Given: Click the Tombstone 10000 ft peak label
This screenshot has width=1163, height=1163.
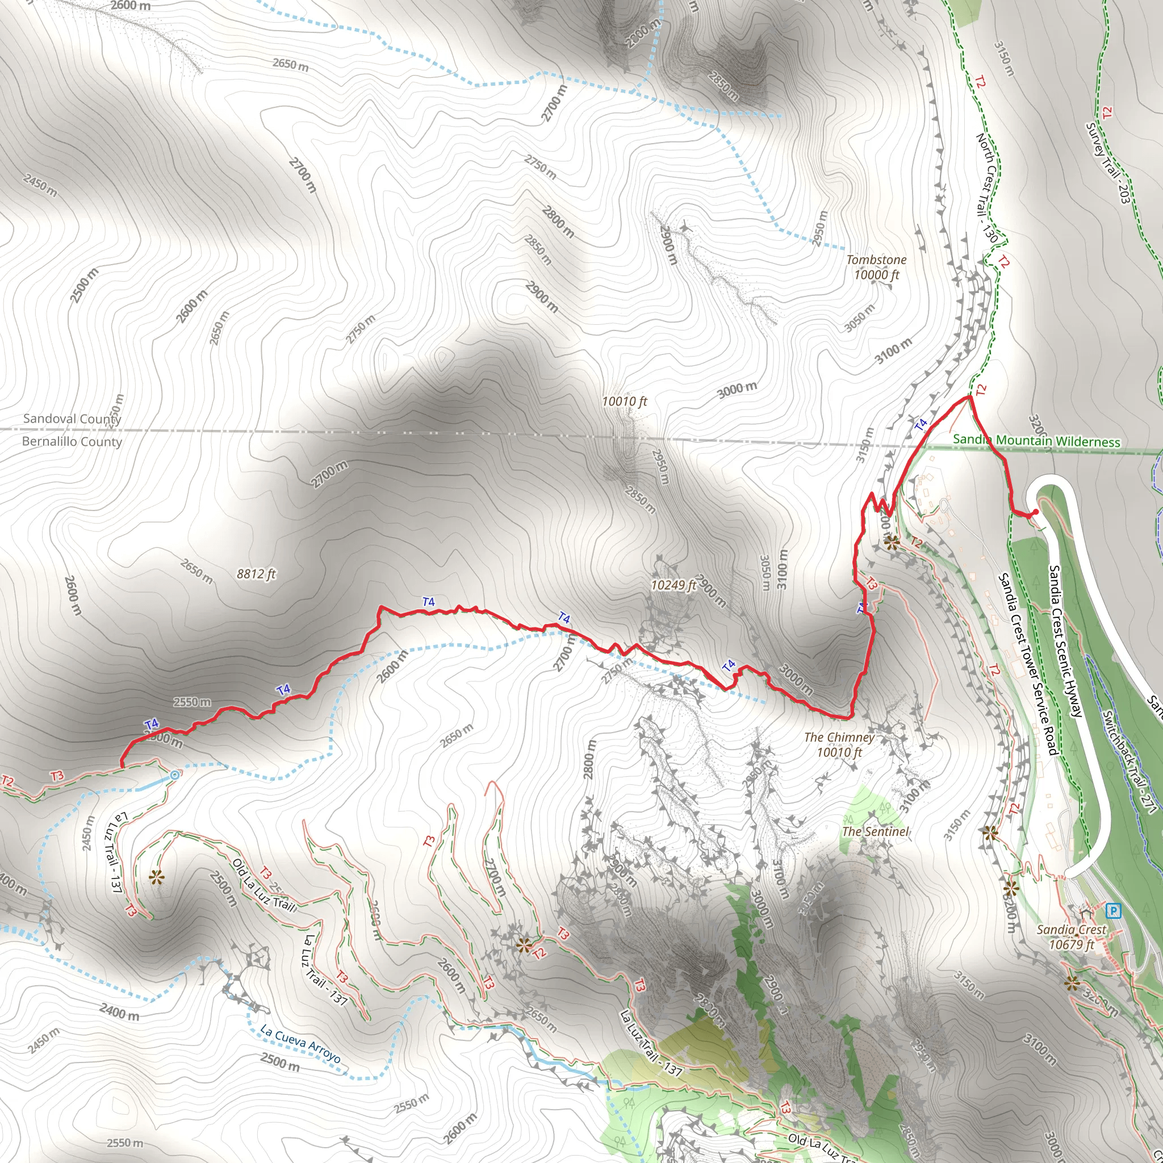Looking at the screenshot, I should (876, 267).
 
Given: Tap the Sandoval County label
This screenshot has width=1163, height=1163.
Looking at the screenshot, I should (72, 419).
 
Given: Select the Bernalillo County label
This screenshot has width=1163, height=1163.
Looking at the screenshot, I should (72, 441).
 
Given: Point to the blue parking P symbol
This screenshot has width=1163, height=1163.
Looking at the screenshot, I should (1114, 911).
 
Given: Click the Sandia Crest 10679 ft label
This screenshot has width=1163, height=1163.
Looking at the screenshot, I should (1072, 936).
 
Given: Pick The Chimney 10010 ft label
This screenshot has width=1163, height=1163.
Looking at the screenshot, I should (839, 744).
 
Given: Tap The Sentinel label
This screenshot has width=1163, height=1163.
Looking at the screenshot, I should (875, 831).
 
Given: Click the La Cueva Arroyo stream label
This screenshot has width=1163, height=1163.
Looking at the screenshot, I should (300, 1044).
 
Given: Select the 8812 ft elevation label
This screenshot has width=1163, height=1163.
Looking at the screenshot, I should (256, 574).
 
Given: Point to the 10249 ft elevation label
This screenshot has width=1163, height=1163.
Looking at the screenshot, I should (673, 584).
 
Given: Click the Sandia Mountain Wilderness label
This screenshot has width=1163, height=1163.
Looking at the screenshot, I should (1036, 441).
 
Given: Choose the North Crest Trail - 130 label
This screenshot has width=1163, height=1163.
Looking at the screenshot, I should (986, 188).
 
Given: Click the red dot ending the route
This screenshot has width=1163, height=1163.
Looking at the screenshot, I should (1035, 512).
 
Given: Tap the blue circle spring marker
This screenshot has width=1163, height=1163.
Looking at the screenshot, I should (174, 775).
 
